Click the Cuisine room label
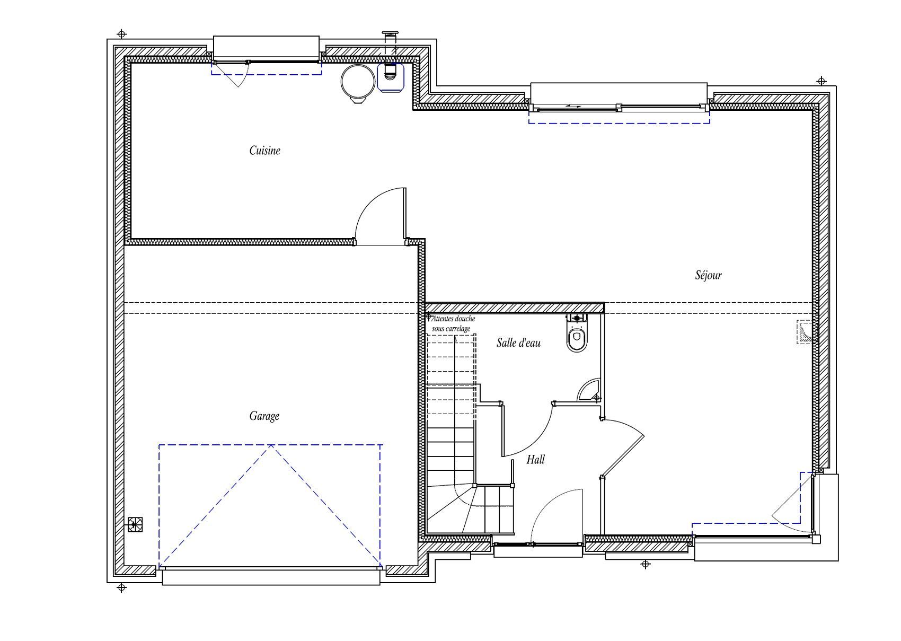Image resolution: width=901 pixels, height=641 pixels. pyautogui.click(x=264, y=151)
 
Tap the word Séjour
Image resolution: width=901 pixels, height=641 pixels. pyautogui.click(x=708, y=275)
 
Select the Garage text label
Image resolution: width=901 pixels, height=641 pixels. pyautogui.click(x=264, y=416)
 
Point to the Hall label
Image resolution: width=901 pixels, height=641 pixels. pyautogui.click(x=535, y=459)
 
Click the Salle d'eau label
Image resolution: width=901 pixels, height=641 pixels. pyautogui.click(x=518, y=343)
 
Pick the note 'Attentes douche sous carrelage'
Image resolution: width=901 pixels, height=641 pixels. pyautogui.click(x=453, y=323)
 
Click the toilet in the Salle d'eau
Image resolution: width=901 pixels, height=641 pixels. pyautogui.click(x=577, y=333)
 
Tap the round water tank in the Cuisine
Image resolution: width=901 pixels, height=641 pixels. pyautogui.click(x=357, y=83)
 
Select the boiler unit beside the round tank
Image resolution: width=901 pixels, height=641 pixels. pyautogui.click(x=390, y=77)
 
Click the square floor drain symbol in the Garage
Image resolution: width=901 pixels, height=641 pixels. pyautogui.click(x=135, y=524)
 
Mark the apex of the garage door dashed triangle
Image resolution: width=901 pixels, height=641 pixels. pyautogui.click(x=271, y=445)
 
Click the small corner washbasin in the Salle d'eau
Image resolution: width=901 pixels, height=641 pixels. pyautogui.click(x=588, y=390)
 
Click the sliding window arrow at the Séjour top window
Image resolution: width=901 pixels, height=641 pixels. pyautogui.click(x=573, y=106)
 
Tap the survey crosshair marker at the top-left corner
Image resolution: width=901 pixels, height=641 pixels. pyautogui.click(x=121, y=34)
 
